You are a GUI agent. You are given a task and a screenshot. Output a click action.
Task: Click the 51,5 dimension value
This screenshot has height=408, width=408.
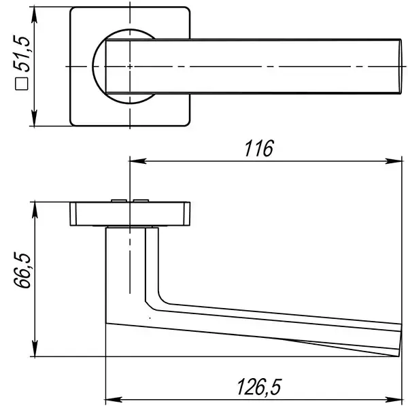(x=22, y=54)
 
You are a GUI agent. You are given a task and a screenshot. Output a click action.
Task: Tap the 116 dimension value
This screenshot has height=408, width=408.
(x=259, y=148)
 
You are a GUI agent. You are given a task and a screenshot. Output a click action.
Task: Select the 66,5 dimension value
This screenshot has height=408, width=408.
(x=22, y=270)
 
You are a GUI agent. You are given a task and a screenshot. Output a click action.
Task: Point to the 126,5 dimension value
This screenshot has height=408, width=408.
(x=259, y=387)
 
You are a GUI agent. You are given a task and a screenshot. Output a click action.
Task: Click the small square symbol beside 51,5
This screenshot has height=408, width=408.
(x=22, y=84)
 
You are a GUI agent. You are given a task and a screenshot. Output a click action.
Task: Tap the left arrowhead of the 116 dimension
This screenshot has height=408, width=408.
(x=138, y=161)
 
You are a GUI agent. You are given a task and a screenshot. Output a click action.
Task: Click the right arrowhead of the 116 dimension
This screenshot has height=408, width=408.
(x=394, y=161)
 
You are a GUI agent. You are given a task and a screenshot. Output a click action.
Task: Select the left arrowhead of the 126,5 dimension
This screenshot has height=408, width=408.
(x=114, y=399)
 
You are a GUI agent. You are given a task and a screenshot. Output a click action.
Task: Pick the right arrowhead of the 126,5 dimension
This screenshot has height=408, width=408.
(x=394, y=399)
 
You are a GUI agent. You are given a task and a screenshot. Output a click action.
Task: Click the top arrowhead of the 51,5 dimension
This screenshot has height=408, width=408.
(x=34, y=15)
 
